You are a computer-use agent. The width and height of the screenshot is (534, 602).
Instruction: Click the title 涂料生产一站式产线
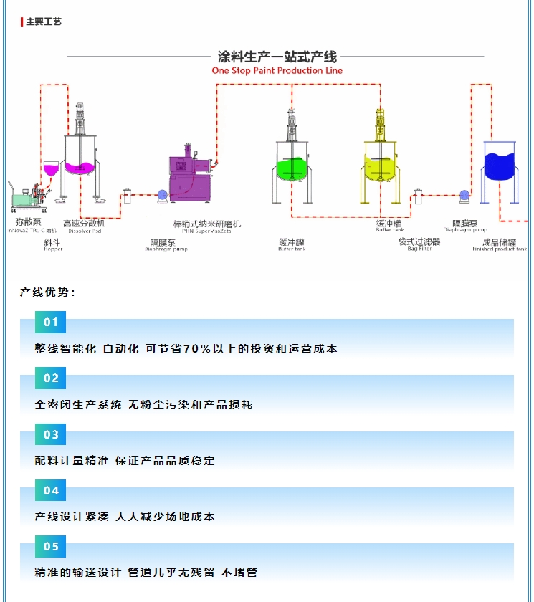[277, 57]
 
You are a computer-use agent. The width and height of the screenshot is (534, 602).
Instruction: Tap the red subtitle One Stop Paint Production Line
[277, 70]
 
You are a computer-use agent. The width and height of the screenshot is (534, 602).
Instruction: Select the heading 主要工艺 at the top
[44, 21]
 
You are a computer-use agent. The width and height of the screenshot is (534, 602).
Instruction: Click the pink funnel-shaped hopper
[52, 169]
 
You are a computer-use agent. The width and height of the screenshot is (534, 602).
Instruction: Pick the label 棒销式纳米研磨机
[207, 224]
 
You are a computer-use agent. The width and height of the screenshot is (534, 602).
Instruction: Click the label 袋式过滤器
[419, 242]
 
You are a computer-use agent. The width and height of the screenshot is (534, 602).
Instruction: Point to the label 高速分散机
[85, 224]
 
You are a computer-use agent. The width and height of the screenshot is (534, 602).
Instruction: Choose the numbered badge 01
[51, 322]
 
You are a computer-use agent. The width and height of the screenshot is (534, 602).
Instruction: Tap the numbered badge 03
[51, 434]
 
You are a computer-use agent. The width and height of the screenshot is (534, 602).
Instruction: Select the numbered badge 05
[51, 546]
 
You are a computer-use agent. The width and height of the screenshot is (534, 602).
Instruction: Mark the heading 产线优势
[47, 292]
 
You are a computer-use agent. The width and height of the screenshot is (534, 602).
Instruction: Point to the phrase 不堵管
[239, 573]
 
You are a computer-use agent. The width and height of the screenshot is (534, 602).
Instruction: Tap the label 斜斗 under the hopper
[52, 242]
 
